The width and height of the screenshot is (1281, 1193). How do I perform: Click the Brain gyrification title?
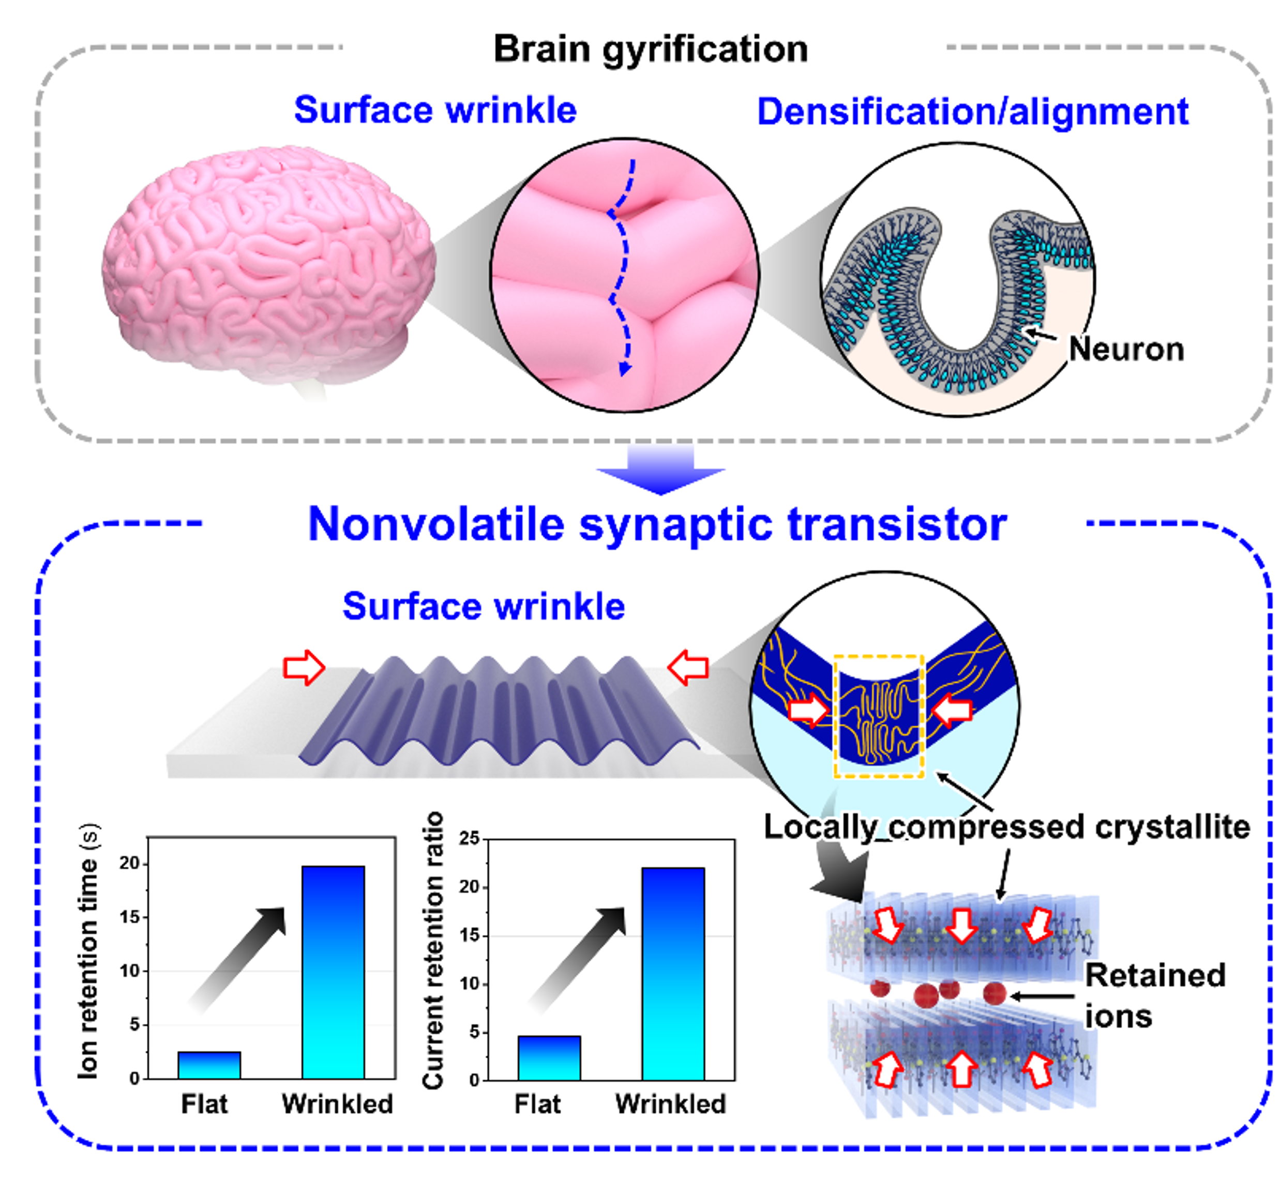point(650,49)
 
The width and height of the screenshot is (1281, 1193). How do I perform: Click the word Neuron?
point(1126,350)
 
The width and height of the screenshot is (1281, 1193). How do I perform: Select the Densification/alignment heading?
point(972,112)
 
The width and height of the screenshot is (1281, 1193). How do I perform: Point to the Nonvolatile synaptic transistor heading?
point(657,524)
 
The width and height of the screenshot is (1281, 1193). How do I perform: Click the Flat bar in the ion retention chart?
point(209,1065)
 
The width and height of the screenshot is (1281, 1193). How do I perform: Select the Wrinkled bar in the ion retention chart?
point(333,972)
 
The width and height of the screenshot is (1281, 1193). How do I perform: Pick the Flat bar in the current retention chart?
point(549,1058)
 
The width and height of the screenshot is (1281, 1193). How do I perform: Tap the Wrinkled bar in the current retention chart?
point(673,973)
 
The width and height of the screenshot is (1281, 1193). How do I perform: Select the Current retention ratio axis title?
point(433,950)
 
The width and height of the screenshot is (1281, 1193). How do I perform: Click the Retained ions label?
point(1153,996)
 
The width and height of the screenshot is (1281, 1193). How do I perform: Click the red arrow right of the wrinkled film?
point(688,668)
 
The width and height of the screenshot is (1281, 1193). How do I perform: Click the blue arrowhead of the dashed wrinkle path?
point(624,369)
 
